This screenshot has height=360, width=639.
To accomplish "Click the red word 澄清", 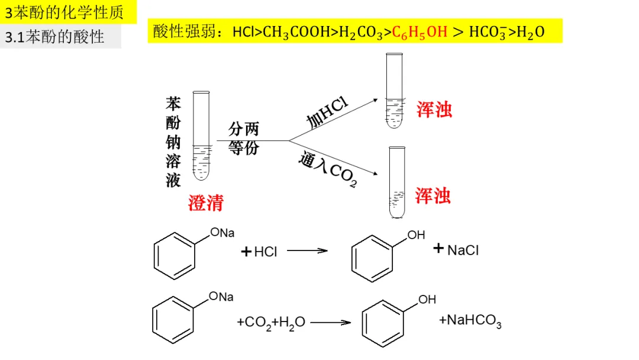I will (x=206, y=203).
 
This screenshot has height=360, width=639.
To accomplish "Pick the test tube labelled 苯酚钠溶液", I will (x=201, y=136).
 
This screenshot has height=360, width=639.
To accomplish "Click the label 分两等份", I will (x=244, y=138).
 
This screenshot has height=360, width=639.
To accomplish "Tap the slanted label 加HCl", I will (x=327, y=113).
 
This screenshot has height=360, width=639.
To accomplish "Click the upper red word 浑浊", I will (x=434, y=109).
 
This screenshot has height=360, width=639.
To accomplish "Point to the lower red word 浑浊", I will (x=433, y=195).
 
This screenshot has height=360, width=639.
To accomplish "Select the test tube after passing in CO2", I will (x=397, y=182).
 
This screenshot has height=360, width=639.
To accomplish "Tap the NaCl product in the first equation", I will (x=463, y=250).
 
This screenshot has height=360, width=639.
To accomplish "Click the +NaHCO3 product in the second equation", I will (x=470, y=321).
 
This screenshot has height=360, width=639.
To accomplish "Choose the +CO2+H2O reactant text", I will (x=271, y=322).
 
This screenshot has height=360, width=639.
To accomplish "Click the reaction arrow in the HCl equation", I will (x=307, y=250).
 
